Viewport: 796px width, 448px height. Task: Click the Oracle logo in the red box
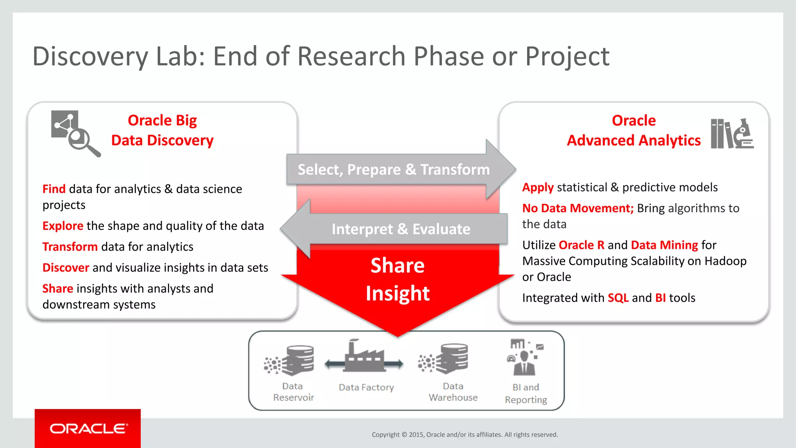(88, 429)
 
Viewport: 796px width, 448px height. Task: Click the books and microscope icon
(732, 134)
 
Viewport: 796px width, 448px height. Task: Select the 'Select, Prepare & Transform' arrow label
(393, 170)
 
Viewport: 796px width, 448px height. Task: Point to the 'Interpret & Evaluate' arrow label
(401, 229)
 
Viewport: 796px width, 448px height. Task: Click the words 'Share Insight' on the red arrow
(397, 279)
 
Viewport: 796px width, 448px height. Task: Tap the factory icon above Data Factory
(364, 357)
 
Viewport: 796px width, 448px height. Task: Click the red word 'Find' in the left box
(54, 189)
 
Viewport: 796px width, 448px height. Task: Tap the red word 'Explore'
(63, 226)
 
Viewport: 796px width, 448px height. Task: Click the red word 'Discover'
(66, 268)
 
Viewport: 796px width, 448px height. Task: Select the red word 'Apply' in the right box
(538, 187)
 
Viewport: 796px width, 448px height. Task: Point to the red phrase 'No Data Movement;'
(578, 208)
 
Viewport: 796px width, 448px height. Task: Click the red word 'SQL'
(618, 298)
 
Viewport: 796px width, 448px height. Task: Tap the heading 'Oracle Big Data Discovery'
(162, 130)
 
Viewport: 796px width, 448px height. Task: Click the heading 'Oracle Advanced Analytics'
(634, 130)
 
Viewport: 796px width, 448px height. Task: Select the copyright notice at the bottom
(464, 435)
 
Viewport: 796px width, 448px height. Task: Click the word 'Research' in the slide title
(351, 56)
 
